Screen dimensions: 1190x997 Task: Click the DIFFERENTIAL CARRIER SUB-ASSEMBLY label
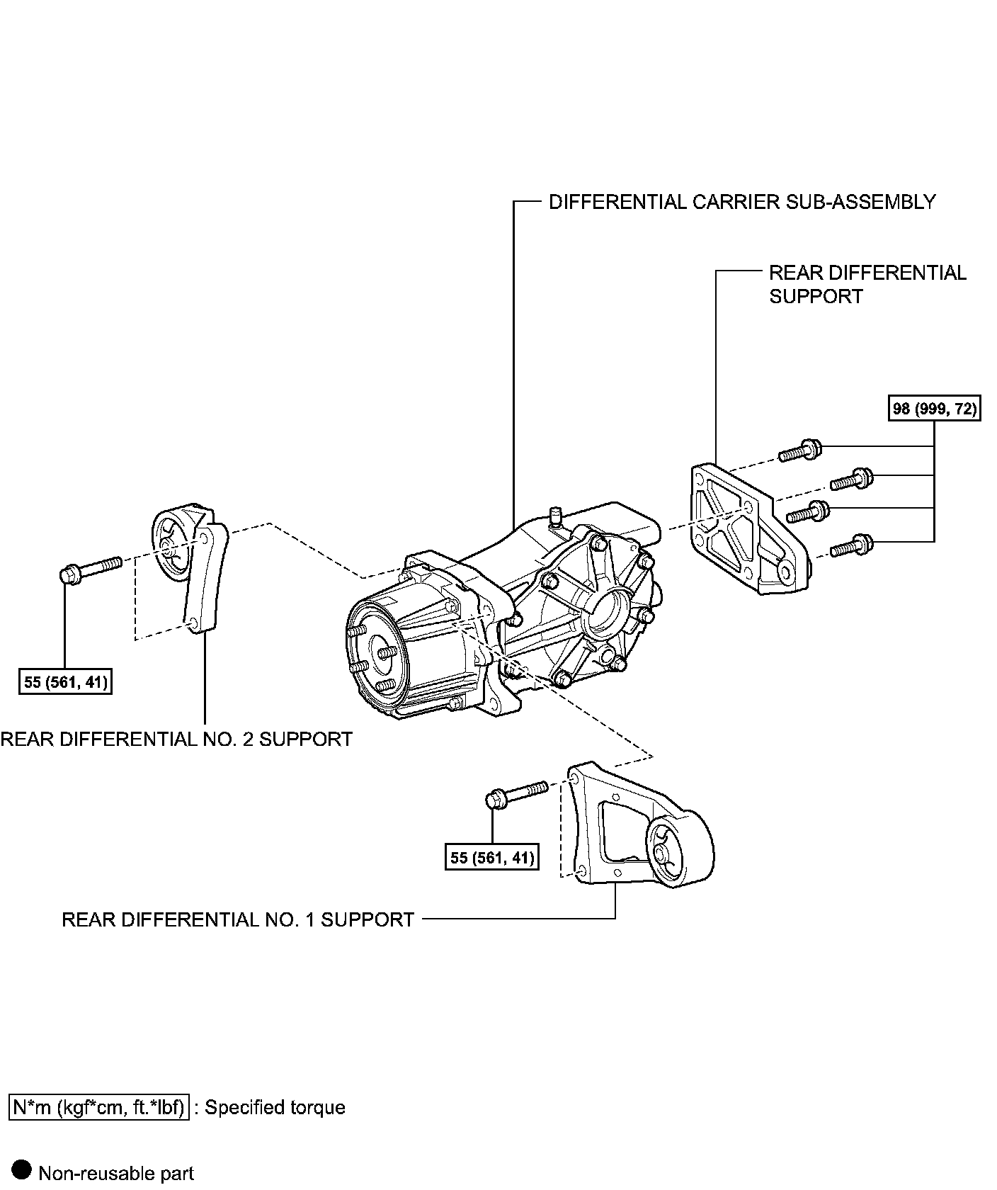coord(742,202)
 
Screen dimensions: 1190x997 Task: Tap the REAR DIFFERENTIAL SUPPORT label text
coord(867,284)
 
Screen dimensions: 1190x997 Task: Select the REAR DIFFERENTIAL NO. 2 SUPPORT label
coord(176,739)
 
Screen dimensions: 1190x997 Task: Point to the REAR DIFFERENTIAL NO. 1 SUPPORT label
coord(238,919)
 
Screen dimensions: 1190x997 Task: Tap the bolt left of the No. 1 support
coord(515,793)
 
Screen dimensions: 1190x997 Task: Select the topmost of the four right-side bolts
coord(800,450)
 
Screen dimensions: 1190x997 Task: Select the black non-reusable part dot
coord(23,1170)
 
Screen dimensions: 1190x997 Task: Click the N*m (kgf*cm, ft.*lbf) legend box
coord(99,1107)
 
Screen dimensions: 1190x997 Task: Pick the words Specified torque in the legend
coord(275,1107)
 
